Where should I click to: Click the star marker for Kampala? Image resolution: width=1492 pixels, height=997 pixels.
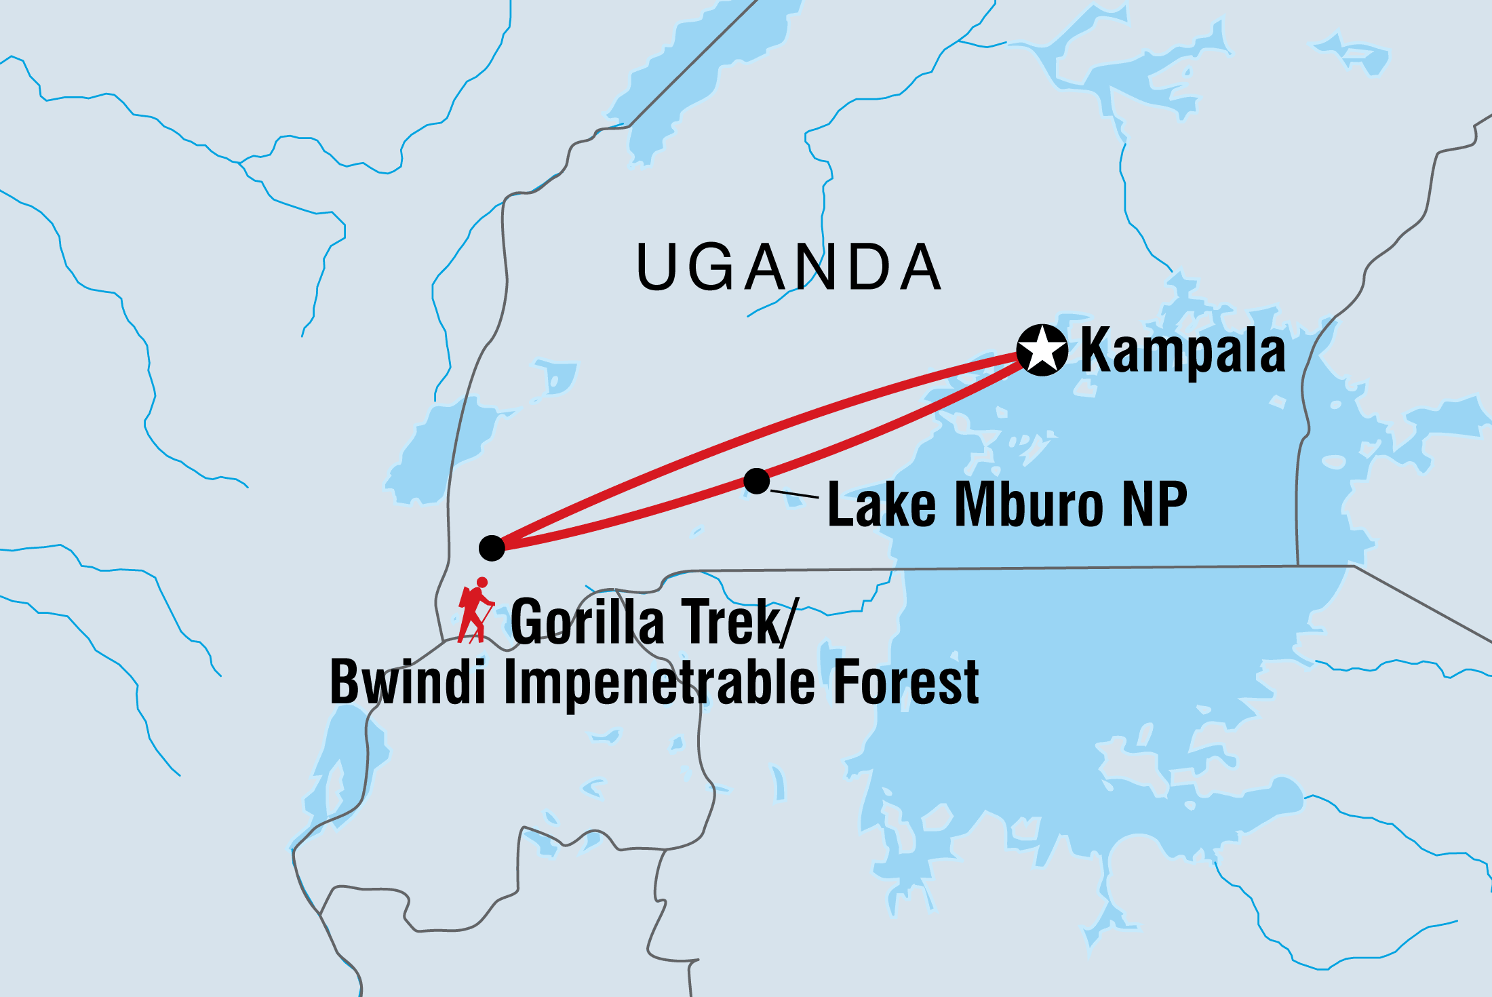(1042, 350)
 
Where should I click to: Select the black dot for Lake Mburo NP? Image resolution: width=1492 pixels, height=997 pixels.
(756, 481)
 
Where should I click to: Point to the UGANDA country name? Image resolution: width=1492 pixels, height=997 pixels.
(789, 267)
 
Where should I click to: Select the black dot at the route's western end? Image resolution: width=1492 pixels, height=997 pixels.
(492, 547)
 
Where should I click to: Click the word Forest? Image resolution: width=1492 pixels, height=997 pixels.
(906, 682)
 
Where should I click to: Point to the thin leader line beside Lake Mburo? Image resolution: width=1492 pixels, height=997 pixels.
(794, 494)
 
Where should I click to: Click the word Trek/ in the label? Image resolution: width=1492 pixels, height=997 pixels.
(739, 622)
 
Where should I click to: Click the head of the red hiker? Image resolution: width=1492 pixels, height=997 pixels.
(482, 583)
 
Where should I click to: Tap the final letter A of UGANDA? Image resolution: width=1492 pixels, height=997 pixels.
(920, 267)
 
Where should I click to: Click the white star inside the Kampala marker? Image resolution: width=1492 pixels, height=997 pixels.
(1042, 350)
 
